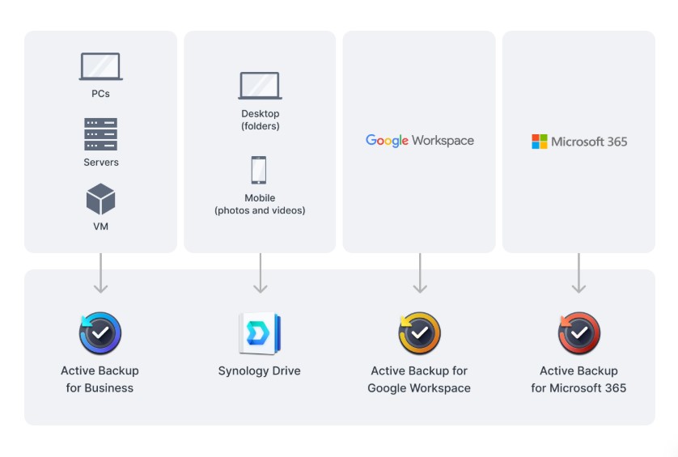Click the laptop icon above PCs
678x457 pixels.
(101, 66)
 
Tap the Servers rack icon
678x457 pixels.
(101, 134)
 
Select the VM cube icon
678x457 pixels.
(101, 199)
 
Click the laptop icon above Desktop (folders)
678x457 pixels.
(260, 86)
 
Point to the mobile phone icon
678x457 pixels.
(259, 170)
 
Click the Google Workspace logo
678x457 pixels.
(420, 141)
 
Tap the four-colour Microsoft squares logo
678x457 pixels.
(539, 142)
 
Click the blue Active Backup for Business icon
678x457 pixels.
(100, 333)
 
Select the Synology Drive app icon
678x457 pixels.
(260, 333)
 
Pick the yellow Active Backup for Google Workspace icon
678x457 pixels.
(419, 333)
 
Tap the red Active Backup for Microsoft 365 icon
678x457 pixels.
(579, 333)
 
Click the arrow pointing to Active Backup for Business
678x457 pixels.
(101, 273)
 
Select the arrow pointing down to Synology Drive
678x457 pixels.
(261, 273)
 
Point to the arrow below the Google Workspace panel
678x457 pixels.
(420, 273)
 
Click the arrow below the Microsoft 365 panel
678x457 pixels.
(578, 273)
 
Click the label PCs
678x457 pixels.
(101, 94)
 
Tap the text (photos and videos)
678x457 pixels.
(260, 210)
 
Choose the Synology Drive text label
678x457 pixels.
(260, 371)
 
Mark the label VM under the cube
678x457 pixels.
(101, 226)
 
